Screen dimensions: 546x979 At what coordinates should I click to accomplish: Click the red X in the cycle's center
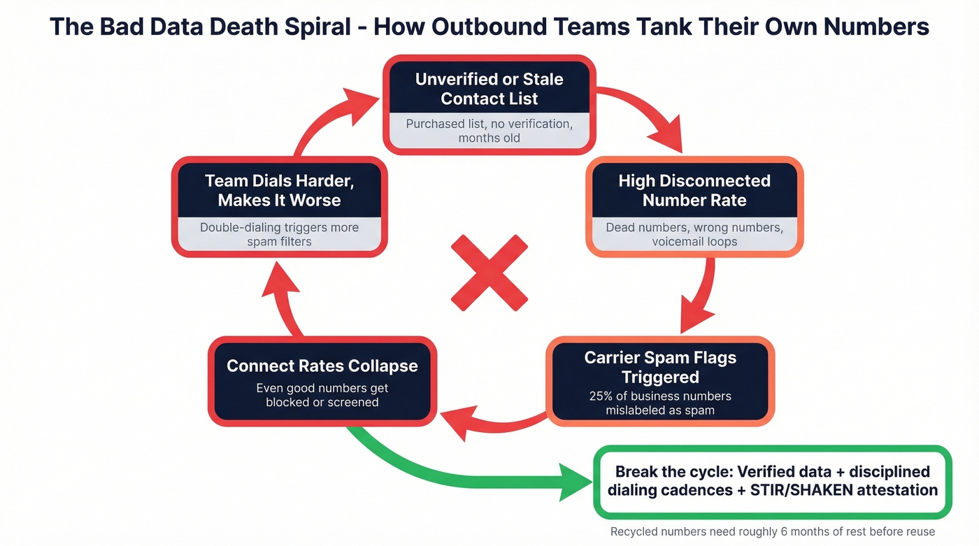489,273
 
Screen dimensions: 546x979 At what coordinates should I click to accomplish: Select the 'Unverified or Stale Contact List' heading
489,89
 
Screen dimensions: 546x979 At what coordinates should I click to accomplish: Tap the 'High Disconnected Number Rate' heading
694,190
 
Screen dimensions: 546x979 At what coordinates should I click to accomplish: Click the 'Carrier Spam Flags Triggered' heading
660,367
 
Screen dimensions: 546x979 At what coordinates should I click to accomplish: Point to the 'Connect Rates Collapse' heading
322,366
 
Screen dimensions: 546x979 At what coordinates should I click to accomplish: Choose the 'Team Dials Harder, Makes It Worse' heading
279,190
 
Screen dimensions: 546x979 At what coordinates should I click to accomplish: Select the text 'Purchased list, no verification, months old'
489,131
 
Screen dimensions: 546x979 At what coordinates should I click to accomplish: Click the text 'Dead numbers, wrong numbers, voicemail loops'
694,234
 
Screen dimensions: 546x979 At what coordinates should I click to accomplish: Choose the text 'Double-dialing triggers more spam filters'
279,234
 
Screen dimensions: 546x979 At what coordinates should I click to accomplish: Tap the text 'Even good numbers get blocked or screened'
322,395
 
